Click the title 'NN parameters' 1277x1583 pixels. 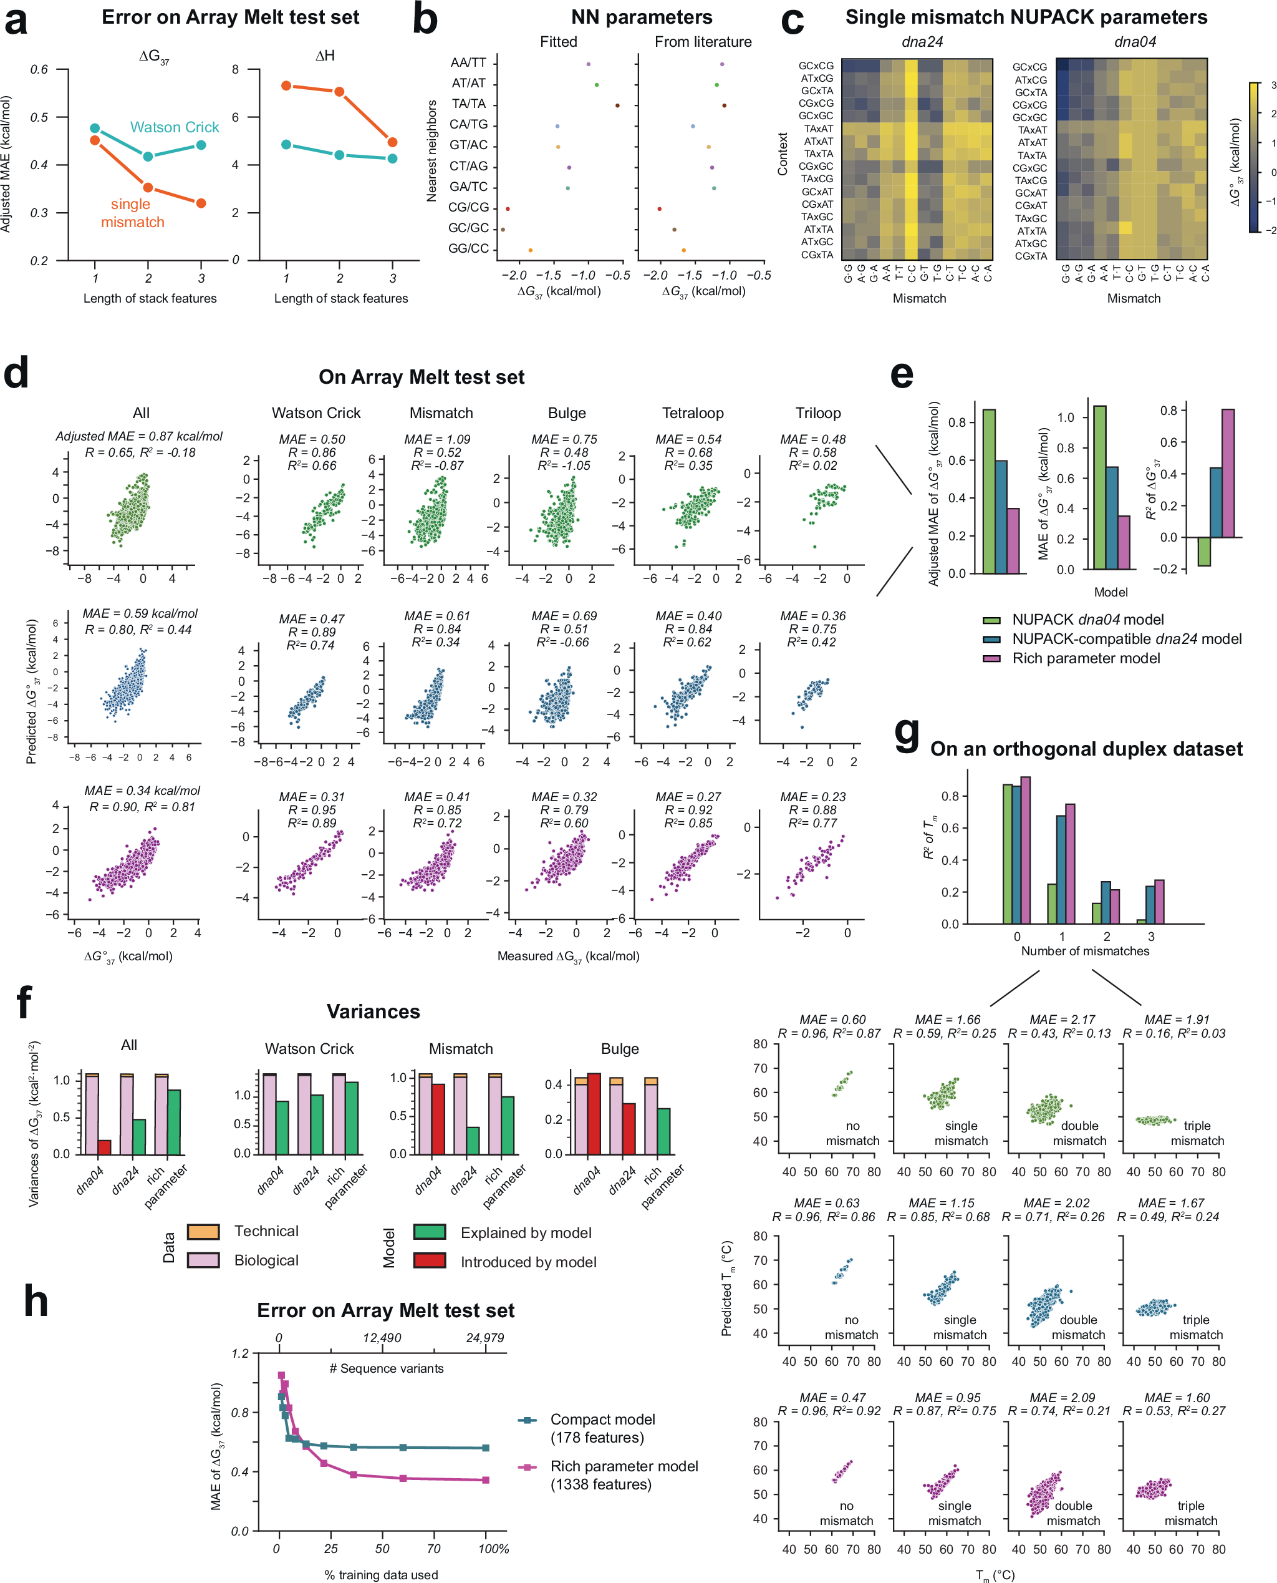pyautogui.click(x=642, y=17)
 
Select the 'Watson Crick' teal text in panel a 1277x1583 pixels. pyautogui.click(x=175, y=127)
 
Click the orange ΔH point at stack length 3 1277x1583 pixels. pyautogui.click(x=393, y=142)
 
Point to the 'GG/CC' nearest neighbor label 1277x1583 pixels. pyautogui.click(x=468, y=249)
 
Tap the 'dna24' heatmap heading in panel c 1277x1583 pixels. pyautogui.click(x=922, y=42)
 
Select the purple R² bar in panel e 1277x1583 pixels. pyautogui.click(x=1228, y=472)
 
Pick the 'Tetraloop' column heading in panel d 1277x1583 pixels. pyautogui.click(x=692, y=413)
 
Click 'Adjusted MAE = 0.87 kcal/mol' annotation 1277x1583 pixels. pyautogui.click(x=139, y=436)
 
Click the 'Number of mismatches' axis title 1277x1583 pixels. pyautogui.click(x=1084, y=951)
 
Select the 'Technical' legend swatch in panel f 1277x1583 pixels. pyautogui.click(x=203, y=1231)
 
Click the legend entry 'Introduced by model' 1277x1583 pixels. pyautogui.click(x=528, y=1262)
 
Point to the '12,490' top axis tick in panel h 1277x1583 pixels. pyautogui.click(x=382, y=1337)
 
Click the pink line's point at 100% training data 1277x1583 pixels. pyautogui.click(x=486, y=1479)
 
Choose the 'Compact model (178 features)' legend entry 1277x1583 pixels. pyautogui.click(x=602, y=1428)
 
